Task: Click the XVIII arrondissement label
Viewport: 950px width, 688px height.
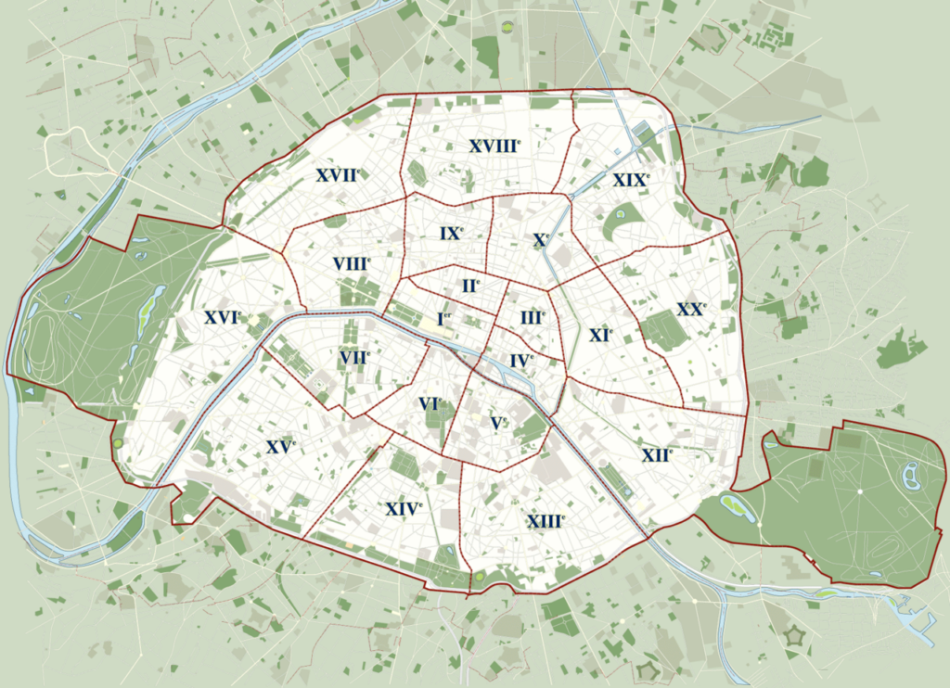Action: [x=494, y=146]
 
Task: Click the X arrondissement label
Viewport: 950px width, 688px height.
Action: [x=541, y=240]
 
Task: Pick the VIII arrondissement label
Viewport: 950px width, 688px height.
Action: [x=351, y=263]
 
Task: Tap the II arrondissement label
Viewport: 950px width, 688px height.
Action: [x=470, y=286]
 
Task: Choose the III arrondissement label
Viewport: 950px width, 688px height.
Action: [x=532, y=318]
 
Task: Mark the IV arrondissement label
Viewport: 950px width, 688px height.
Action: [x=521, y=360]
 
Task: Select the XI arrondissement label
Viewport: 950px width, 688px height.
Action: [x=600, y=335]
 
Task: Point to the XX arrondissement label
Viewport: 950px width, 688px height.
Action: [x=690, y=310]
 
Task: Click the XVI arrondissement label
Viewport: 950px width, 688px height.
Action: [x=222, y=317]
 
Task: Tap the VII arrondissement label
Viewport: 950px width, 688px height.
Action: [x=354, y=356]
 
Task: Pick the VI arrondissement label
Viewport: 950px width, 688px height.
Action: [x=430, y=404]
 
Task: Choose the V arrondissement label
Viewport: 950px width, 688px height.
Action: [x=498, y=423]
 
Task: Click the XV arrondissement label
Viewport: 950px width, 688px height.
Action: [x=280, y=446]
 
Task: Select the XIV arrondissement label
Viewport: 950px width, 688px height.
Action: [x=404, y=508]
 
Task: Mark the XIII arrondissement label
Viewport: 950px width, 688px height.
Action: [x=546, y=520]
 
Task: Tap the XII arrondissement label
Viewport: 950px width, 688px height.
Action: [x=656, y=454]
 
